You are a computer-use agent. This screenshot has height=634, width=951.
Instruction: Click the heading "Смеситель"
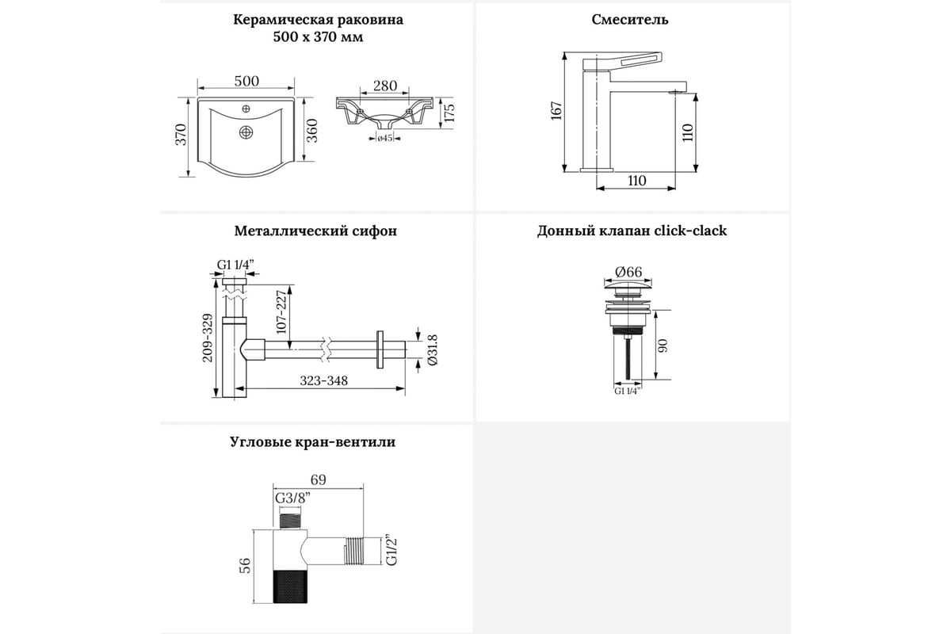click(629, 20)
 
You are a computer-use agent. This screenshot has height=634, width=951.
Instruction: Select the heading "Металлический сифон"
click(315, 231)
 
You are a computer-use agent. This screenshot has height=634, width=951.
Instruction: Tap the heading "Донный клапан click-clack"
click(632, 231)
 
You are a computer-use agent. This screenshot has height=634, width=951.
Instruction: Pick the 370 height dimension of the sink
click(181, 135)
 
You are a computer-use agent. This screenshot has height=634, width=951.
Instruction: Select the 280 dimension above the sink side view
click(384, 86)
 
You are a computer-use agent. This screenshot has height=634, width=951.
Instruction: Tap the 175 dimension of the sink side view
click(449, 113)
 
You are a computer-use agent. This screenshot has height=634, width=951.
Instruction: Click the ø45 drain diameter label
click(385, 139)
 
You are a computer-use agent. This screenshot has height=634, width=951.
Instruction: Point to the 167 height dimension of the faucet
click(556, 111)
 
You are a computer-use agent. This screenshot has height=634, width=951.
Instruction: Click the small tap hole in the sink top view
click(246, 109)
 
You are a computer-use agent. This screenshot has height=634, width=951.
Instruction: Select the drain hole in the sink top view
click(246, 132)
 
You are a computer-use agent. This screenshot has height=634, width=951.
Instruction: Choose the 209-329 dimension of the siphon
click(208, 337)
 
